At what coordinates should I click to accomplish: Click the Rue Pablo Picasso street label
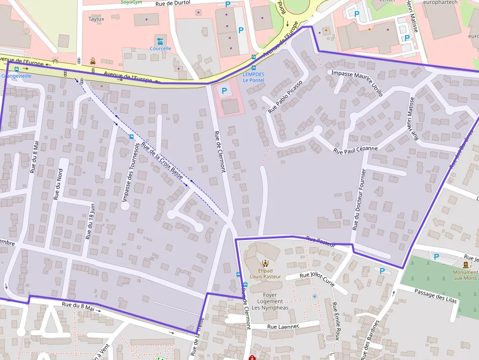coord(285,96)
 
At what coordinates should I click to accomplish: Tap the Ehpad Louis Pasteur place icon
coord(265,262)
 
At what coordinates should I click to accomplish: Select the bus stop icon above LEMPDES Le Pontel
coord(253,68)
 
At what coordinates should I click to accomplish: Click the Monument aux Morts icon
coord(465,264)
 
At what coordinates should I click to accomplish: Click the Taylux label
coord(96,19)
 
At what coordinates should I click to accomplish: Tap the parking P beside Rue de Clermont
coord(224,91)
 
